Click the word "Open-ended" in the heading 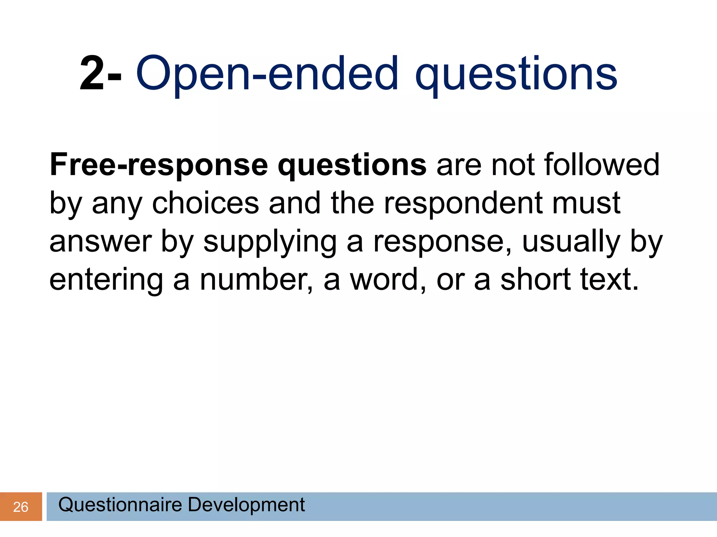click(x=267, y=74)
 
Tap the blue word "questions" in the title click(x=516, y=74)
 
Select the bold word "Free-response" click(x=159, y=165)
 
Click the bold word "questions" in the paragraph click(x=352, y=165)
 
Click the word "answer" click(x=100, y=242)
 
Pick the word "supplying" click(x=270, y=242)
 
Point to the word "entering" click(x=106, y=280)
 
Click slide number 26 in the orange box click(x=21, y=507)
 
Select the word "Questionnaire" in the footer click(x=120, y=504)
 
